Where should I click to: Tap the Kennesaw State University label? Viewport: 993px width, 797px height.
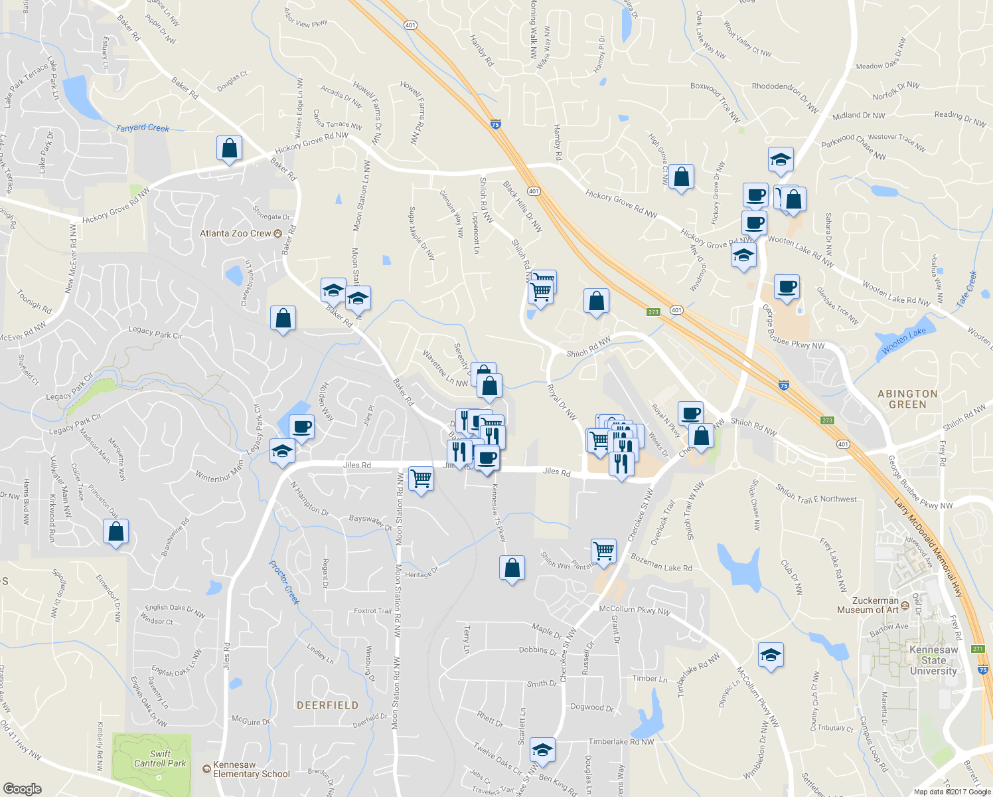[933, 660]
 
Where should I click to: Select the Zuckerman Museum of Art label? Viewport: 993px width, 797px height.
[868, 605]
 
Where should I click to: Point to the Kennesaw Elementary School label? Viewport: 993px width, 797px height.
[251, 769]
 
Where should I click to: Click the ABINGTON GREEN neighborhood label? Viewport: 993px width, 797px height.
[907, 398]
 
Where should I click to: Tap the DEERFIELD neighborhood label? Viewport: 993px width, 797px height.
[327, 705]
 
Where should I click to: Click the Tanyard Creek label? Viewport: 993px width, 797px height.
[143, 128]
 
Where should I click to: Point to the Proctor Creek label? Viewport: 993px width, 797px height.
[285, 582]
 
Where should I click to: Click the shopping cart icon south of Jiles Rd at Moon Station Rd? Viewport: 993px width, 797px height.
[421, 478]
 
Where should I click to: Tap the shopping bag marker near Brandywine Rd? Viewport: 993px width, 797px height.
[116, 532]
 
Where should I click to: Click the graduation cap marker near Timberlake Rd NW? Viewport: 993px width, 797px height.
[542, 750]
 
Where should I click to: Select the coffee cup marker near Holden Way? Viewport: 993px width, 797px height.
[301, 427]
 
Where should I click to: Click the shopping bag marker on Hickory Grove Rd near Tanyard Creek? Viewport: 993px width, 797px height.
[229, 149]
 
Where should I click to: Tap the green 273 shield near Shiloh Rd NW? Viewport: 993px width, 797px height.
[654, 311]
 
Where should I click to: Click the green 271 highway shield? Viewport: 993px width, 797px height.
[977, 649]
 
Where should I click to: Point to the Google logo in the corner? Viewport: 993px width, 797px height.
[23, 788]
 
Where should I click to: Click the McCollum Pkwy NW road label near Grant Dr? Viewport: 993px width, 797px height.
[635, 609]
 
